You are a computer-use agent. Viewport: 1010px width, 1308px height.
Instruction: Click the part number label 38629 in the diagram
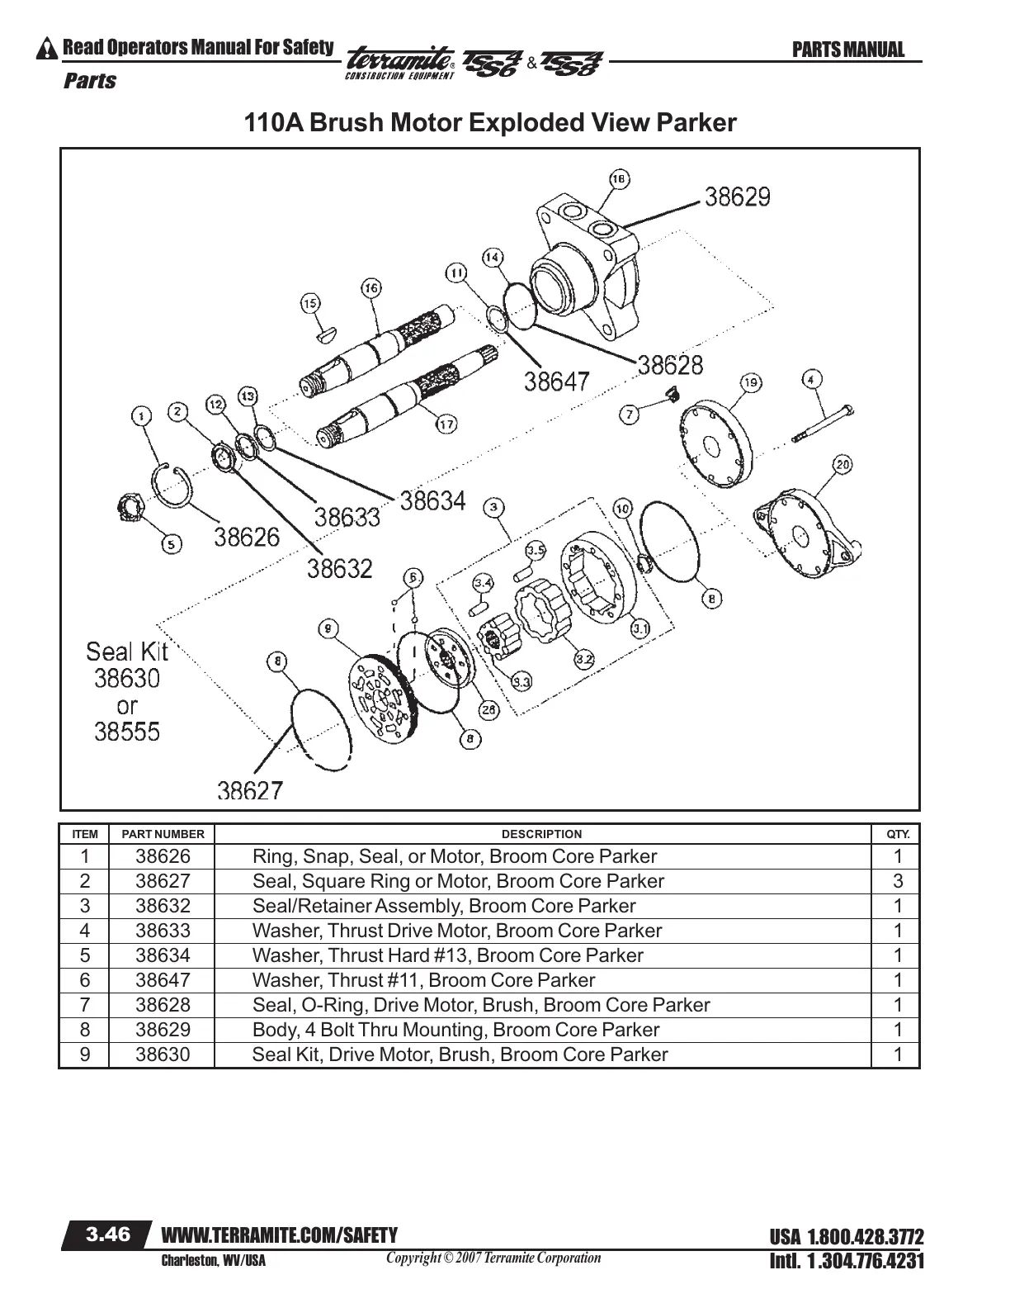(x=737, y=197)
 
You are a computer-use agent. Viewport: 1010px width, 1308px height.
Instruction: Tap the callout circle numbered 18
(x=618, y=179)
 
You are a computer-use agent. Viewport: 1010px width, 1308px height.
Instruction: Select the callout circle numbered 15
(x=310, y=304)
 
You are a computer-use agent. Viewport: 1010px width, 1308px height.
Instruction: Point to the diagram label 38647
(x=557, y=381)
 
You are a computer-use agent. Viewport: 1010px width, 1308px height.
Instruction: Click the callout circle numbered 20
(x=842, y=464)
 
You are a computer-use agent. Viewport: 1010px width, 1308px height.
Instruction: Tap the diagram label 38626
(x=247, y=538)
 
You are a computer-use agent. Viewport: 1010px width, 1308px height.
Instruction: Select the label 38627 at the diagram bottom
(x=250, y=791)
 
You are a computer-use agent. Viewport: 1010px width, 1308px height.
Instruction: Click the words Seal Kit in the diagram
(x=127, y=652)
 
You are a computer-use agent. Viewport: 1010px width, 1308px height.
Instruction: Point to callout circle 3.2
(x=584, y=659)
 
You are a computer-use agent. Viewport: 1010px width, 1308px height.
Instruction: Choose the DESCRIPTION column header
(x=541, y=834)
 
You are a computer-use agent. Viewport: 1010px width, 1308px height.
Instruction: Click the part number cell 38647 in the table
(x=163, y=980)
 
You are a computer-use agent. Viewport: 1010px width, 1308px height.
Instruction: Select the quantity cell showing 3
(x=898, y=881)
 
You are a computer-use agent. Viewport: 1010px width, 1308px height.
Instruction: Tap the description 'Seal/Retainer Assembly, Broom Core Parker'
(x=444, y=906)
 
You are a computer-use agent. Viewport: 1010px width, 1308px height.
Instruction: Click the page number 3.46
(x=109, y=1235)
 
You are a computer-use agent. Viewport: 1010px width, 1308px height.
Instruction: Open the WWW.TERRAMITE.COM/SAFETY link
(x=280, y=1235)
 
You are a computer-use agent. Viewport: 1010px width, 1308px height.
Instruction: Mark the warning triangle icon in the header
(x=48, y=49)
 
